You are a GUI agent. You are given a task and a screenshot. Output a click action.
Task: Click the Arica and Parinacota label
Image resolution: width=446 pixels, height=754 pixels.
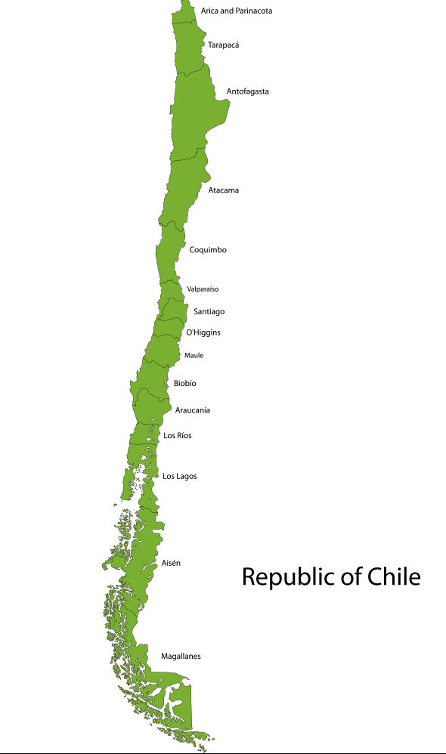(237, 11)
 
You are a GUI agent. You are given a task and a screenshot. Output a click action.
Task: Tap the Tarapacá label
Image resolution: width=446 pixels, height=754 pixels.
(224, 45)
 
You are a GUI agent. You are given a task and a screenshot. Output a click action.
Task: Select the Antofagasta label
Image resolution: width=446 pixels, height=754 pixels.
(248, 91)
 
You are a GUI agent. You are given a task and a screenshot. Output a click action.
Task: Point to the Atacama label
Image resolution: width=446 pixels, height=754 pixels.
(224, 190)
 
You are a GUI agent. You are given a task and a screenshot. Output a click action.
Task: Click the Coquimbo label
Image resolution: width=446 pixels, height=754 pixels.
(208, 250)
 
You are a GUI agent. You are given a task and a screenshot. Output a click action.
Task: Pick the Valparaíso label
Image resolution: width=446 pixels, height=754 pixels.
(203, 289)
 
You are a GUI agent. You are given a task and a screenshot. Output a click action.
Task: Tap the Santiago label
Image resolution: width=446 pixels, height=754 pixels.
(209, 311)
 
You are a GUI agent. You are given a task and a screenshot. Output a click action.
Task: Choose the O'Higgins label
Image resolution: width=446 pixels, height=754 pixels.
(203, 332)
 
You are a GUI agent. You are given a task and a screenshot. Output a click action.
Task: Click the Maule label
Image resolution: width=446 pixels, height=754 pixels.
(194, 355)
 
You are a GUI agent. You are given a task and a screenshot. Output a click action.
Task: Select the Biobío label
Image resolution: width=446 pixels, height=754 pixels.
(185, 384)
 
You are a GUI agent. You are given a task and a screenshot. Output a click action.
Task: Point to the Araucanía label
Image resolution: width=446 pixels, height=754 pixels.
(193, 410)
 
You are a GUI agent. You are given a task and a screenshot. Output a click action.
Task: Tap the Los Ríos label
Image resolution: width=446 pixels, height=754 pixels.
(178, 436)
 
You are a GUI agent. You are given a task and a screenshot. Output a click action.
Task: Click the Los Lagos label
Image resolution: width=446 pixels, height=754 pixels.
(180, 476)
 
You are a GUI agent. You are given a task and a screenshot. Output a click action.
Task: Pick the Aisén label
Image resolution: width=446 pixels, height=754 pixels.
(171, 564)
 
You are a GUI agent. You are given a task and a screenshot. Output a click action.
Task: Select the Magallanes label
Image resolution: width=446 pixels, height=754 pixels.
(181, 657)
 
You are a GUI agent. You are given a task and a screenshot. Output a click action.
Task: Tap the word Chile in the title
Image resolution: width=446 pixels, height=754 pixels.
(394, 576)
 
